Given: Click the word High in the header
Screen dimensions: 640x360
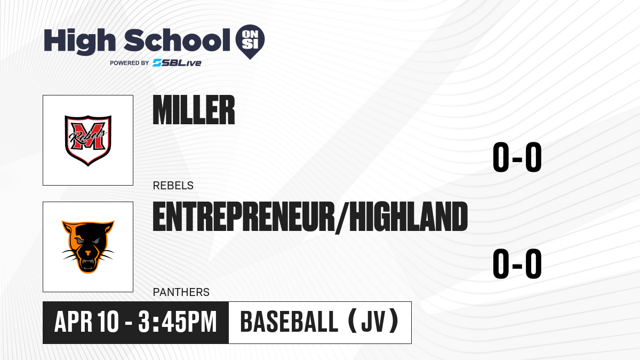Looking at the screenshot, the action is point(79,42).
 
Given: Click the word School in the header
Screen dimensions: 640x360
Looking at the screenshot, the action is point(177,40).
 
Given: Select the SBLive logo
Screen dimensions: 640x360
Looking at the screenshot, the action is point(177,63).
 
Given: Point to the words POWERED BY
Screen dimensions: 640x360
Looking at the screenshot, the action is point(130,63).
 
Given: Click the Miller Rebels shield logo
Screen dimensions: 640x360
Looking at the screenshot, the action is point(88,140).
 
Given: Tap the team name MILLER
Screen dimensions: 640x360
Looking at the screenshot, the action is point(194,110).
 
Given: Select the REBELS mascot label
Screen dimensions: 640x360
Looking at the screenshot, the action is point(173,186).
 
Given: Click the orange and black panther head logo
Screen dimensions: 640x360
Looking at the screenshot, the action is point(88,247).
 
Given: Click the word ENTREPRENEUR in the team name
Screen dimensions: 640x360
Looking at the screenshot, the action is point(244,217).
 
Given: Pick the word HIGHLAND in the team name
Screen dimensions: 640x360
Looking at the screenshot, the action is point(409,217).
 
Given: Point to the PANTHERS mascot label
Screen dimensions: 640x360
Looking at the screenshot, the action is point(181,292).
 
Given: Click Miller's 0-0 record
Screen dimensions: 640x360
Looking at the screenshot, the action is point(517,157).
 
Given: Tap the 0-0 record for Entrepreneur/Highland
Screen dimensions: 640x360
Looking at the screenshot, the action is point(517,263).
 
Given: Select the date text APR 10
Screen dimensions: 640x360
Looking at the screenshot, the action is point(86,322).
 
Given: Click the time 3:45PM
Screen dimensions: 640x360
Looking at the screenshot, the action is point(178,322).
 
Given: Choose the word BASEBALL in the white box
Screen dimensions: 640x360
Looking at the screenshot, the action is point(290,322).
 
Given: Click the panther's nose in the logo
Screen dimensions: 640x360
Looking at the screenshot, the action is point(88,253).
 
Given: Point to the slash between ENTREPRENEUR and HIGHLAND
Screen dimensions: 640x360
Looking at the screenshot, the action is point(342,218).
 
